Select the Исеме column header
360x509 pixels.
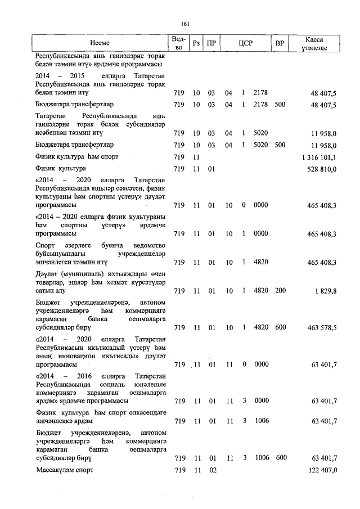point(100,43)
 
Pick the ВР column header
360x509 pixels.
point(280,43)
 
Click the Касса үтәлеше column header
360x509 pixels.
point(314,43)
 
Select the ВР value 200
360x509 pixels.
point(280,291)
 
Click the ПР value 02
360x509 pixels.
point(212,470)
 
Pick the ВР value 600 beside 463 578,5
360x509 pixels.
point(280,327)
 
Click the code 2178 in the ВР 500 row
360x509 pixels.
point(259,105)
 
